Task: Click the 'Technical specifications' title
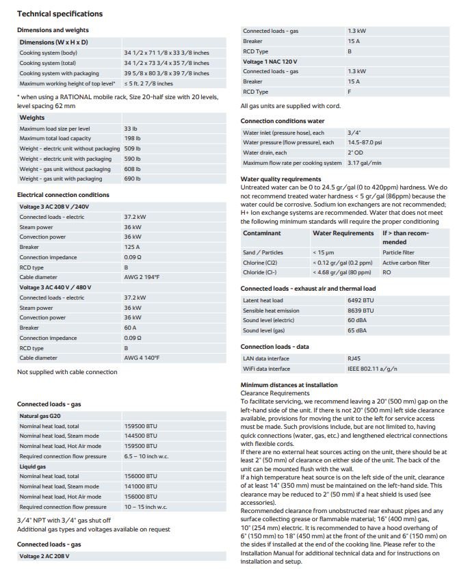click(x=60, y=14)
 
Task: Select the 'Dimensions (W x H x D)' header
click(x=53, y=42)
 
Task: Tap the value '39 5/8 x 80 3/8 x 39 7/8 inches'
click(x=166, y=73)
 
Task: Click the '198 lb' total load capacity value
click(x=132, y=138)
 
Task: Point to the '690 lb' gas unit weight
click(x=132, y=179)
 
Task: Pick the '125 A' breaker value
click(x=132, y=247)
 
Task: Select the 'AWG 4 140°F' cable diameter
click(x=143, y=358)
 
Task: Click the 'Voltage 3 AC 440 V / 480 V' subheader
click(x=60, y=287)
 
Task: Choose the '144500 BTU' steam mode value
click(x=140, y=435)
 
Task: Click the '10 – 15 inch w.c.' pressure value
click(x=145, y=507)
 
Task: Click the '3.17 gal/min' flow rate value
click(x=365, y=163)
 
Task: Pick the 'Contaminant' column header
click(x=262, y=233)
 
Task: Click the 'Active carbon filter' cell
click(x=406, y=263)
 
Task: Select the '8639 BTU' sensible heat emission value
click(x=362, y=311)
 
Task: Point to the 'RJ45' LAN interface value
click(x=355, y=358)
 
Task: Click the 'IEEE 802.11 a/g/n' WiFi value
click(x=372, y=369)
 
